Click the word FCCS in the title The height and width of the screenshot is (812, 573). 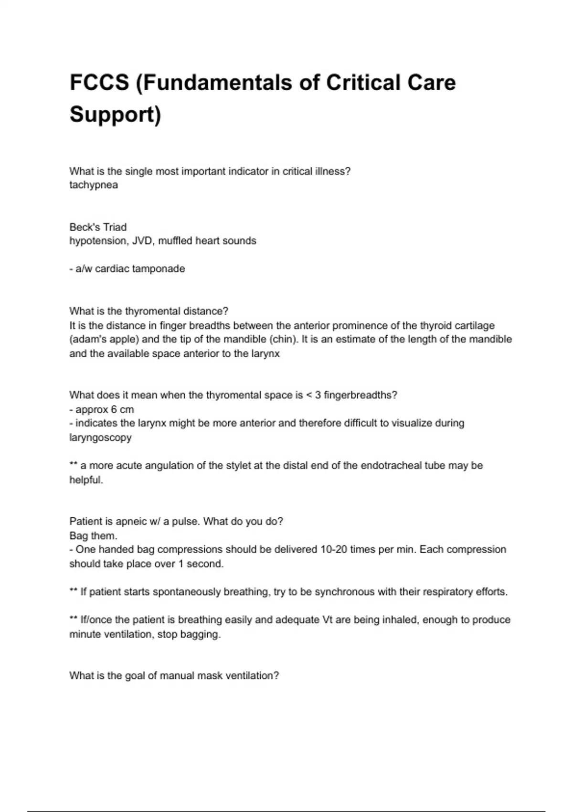tap(99, 83)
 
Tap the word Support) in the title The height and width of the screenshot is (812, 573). tap(115, 115)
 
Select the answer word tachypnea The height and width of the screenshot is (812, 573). tap(94, 185)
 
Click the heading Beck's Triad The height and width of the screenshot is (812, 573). tap(98, 227)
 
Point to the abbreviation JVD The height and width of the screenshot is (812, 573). tap(141, 241)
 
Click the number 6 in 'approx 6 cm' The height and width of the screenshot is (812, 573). tap(114, 410)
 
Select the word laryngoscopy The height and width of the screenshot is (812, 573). tap(100, 438)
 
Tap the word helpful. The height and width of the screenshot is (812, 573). tap(86, 480)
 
